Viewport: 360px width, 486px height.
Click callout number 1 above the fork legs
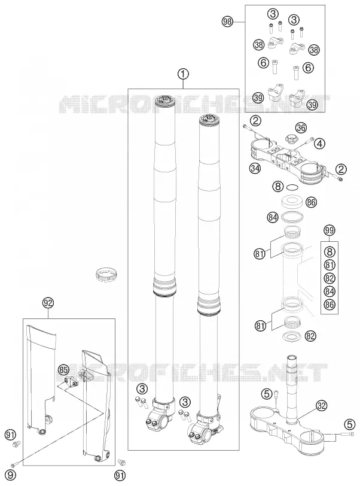(x=183, y=74)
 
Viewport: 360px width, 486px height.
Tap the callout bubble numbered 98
(x=228, y=22)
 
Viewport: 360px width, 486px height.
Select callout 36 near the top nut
(x=300, y=127)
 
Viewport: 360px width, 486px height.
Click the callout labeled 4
(x=320, y=143)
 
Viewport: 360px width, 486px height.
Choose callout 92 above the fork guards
(x=48, y=303)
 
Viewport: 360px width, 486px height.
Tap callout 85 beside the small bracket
(x=63, y=369)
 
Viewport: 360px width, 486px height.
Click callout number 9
(x=10, y=475)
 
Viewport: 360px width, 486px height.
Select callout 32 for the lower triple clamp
(x=322, y=405)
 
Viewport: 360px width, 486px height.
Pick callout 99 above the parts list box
(x=330, y=230)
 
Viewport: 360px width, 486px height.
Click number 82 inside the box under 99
(x=330, y=278)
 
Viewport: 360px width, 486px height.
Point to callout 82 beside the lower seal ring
(x=310, y=336)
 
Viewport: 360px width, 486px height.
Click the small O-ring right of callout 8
(x=292, y=187)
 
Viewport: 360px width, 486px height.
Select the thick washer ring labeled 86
(x=292, y=201)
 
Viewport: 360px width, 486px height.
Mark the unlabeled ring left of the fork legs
(x=106, y=275)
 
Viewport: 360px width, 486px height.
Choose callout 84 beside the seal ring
(x=273, y=218)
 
